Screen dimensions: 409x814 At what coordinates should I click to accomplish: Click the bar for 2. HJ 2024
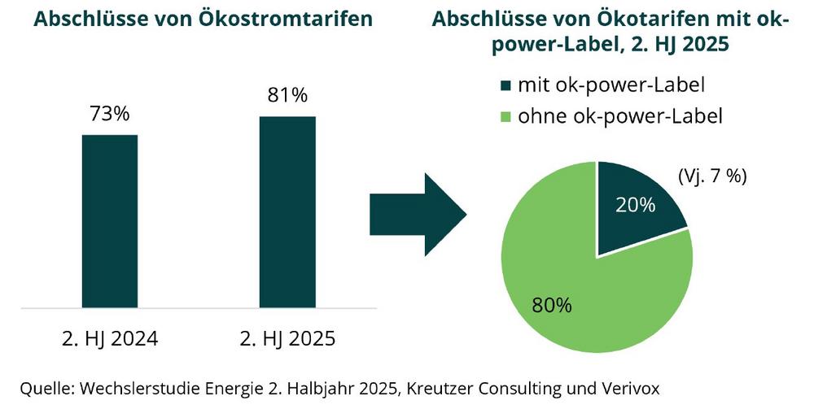110,221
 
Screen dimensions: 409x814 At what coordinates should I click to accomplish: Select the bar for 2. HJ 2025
287,212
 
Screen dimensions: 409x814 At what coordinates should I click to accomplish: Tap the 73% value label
110,114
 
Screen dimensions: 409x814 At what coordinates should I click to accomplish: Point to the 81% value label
287,95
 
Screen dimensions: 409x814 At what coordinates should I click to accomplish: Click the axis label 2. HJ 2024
111,338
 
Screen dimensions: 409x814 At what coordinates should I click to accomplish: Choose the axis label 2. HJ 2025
288,338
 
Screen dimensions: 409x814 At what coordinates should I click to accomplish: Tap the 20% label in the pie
636,205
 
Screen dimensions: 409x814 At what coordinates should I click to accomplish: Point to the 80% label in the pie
551,307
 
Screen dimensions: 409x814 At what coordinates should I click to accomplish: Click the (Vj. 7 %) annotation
712,176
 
